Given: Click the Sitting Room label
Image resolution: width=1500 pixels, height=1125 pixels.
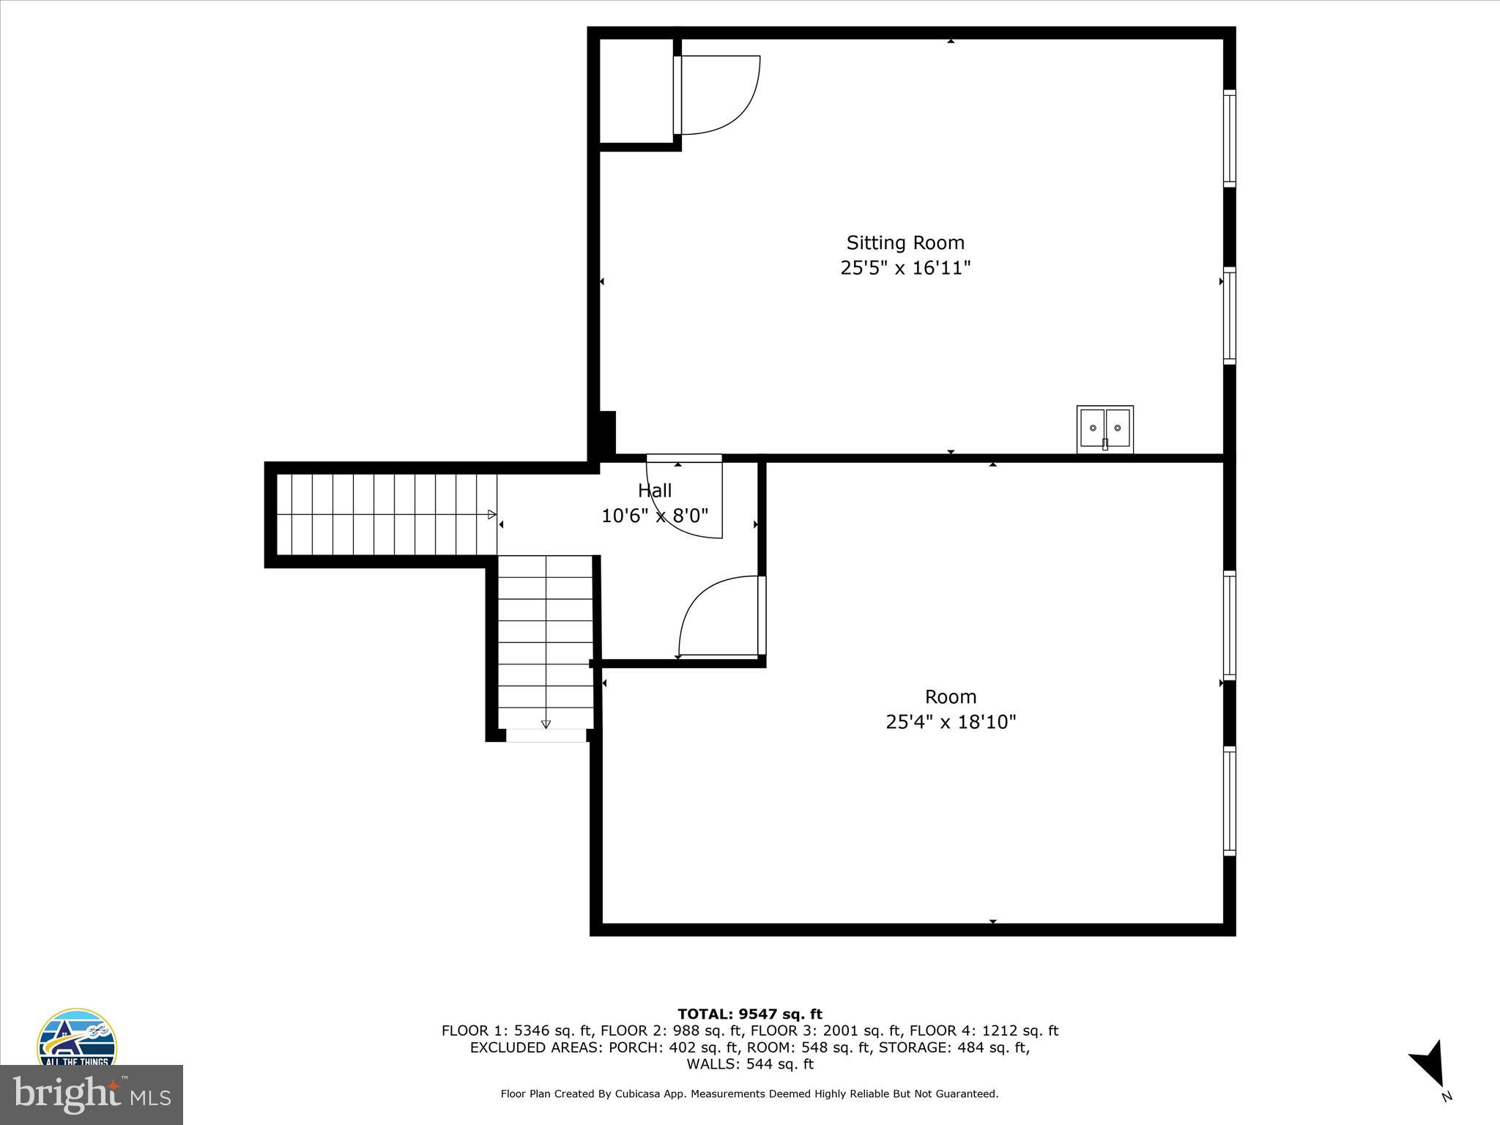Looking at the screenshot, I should (905, 242).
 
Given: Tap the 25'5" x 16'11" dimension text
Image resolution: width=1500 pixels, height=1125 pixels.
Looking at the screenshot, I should (905, 268).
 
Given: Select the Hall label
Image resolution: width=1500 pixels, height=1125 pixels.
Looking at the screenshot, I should (655, 491).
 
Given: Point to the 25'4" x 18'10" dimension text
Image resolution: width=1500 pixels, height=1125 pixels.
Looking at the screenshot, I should (951, 722).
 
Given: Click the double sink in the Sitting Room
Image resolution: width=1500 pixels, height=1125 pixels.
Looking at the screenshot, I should (1104, 429).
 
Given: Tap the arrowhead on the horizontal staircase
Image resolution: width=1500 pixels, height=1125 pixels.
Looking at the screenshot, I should (492, 515).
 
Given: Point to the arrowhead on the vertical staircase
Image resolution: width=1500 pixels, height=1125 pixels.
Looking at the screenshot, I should (546, 724).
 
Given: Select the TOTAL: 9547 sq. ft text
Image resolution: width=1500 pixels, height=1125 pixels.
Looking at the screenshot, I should (749, 1014).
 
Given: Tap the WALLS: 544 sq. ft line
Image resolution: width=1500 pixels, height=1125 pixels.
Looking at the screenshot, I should (749, 1064).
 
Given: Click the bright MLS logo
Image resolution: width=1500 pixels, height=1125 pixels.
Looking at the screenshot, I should (92, 1095).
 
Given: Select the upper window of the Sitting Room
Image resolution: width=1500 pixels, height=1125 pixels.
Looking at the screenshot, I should (1230, 138).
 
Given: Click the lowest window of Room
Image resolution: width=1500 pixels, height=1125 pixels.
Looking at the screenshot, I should (1230, 801).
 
